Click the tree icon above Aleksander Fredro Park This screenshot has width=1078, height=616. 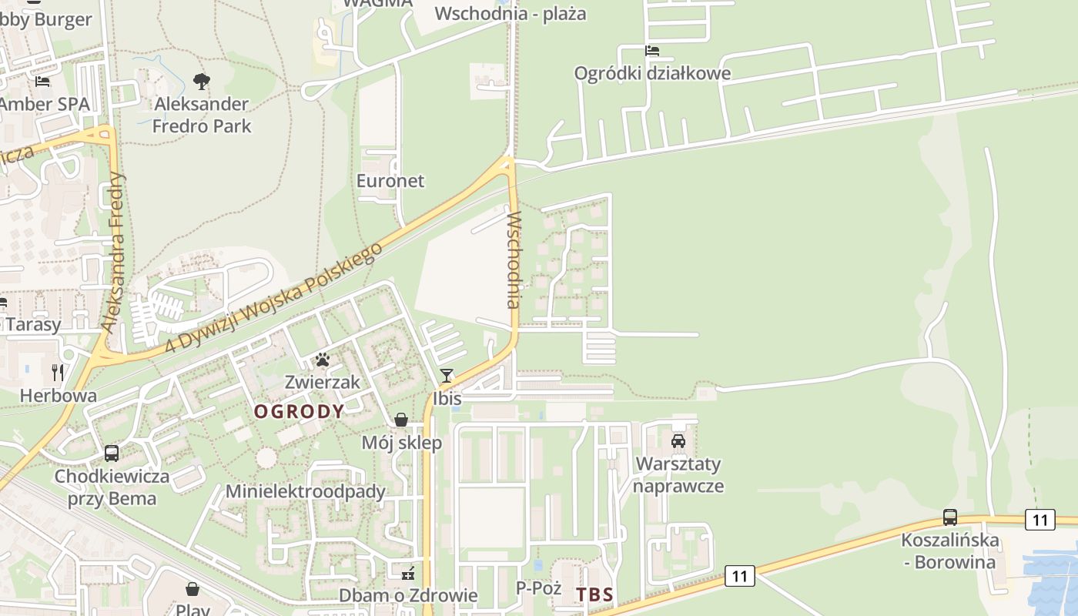(202, 80)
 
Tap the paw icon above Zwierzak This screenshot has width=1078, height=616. (322, 360)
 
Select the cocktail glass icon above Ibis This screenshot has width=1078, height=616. (446, 376)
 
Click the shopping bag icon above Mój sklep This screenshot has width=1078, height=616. (401, 420)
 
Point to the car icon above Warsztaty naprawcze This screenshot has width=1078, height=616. (678, 440)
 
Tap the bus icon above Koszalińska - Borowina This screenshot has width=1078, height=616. (950, 517)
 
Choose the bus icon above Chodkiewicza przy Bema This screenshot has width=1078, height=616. (112, 453)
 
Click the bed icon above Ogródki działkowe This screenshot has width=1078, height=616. (652, 51)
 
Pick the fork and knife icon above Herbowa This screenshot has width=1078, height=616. (58, 373)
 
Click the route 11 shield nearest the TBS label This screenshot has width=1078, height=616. (740, 575)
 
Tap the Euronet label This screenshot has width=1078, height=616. (390, 180)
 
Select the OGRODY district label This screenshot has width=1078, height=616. (300, 411)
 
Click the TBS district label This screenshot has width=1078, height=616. (594, 594)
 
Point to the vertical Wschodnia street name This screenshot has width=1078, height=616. (514, 259)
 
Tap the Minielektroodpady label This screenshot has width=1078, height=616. (305, 491)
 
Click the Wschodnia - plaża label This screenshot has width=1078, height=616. (511, 13)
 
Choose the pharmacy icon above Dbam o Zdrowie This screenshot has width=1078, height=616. (408, 573)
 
